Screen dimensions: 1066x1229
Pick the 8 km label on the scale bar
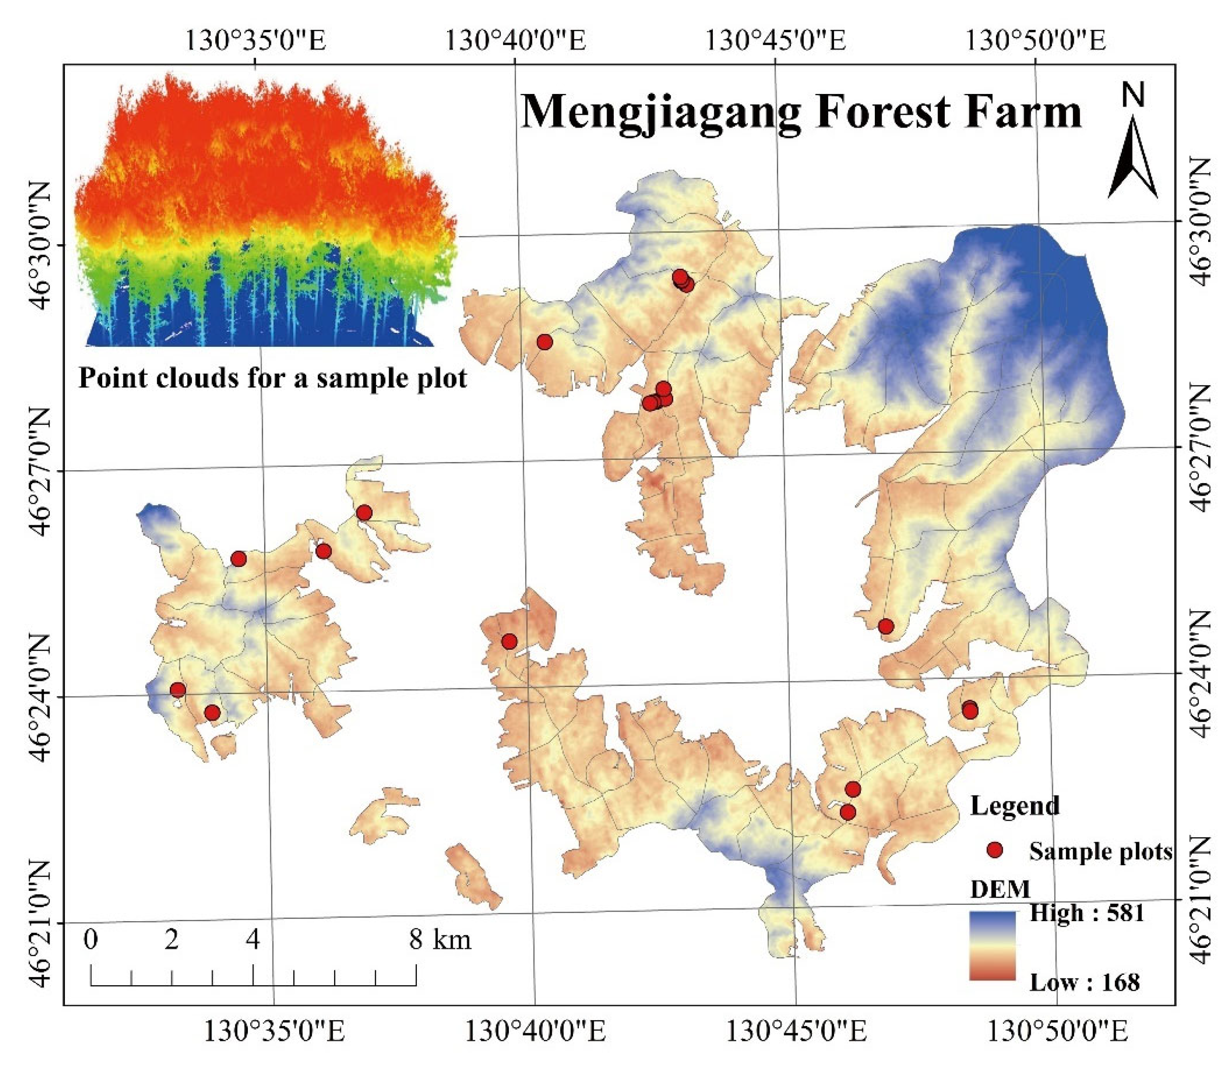pos(440,940)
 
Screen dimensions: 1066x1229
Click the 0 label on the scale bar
pos(91,940)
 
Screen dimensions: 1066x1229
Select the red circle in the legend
pos(995,851)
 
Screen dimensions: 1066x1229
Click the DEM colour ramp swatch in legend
pos(992,946)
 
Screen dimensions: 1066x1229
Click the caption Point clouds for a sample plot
pos(273,378)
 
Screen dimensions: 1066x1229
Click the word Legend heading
pos(1014,805)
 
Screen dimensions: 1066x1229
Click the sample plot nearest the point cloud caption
pos(544,341)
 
